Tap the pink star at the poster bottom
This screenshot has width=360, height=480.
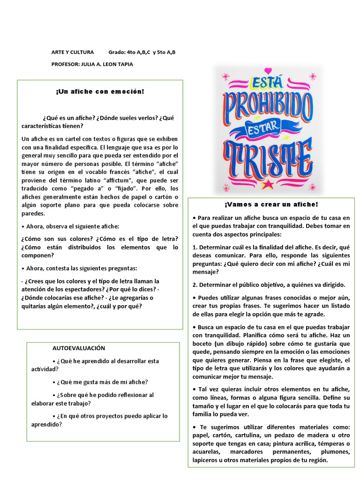pyautogui.click(x=268, y=184)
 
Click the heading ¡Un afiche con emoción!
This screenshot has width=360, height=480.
pyautogui.click(x=100, y=91)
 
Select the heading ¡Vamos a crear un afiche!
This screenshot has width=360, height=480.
pyautogui.click(x=271, y=204)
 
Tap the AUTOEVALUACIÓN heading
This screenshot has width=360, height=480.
pyautogui.click(x=79, y=348)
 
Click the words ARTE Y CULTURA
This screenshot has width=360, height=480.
pyautogui.click(x=73, y=52)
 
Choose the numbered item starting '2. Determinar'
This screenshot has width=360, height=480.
pyautogui.click(x=269, y=285)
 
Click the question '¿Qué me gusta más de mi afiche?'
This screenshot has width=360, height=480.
pyautogui.click(x=102, y=382)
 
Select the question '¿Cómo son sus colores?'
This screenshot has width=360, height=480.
pyautogui.click(x=53, y=239)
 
